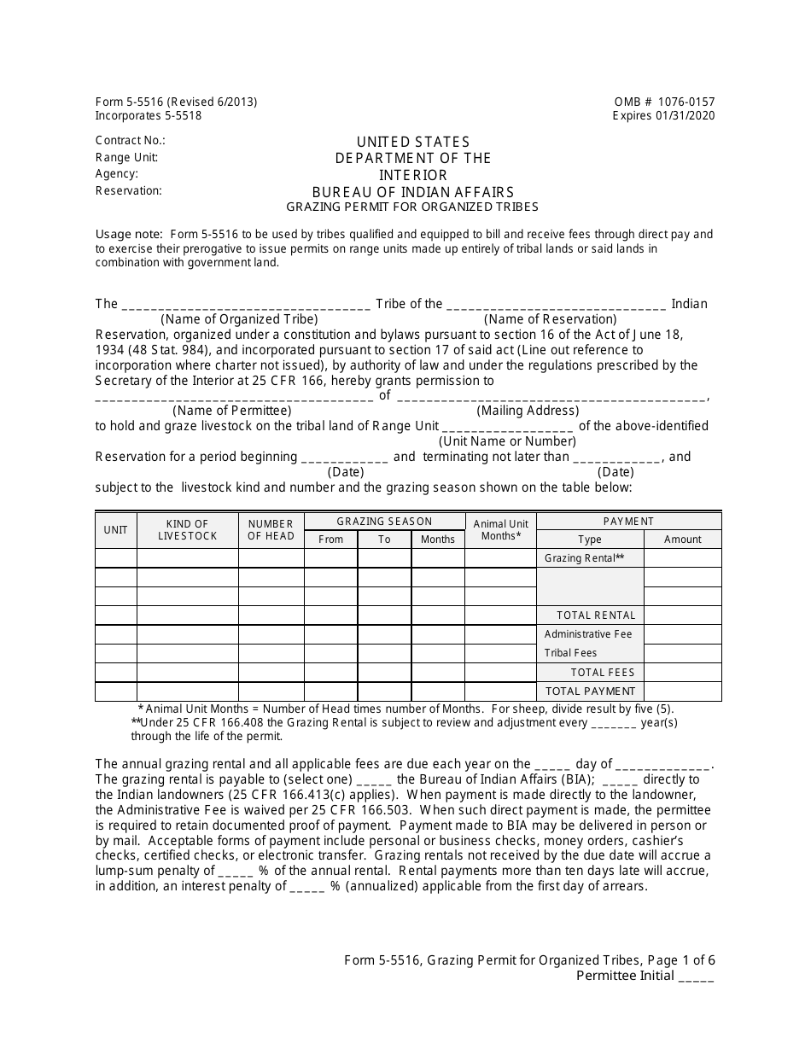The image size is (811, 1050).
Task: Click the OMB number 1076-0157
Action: [664, 102]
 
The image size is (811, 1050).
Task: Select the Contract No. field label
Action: [130, 141]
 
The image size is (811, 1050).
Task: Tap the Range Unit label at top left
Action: [126, 157]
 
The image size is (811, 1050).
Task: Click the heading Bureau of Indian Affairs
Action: [413, 192]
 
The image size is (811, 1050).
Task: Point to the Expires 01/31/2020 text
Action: [663, 116]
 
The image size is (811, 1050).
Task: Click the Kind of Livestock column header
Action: [187, 530]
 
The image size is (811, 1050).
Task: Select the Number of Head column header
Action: [271, 530]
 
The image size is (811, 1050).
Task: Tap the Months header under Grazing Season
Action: [438, 540]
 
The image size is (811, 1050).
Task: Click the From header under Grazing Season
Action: [330, 540]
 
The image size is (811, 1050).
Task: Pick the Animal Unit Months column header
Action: [501, 530]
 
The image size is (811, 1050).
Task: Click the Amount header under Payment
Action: [682, 540]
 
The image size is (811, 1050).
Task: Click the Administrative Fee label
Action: [588, 634]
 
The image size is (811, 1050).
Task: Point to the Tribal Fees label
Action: [570, 653]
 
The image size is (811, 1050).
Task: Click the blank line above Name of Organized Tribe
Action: [246, 305]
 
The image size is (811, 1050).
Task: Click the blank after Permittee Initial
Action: [697, 977]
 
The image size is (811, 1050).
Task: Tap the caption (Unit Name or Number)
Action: [507, 441]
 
